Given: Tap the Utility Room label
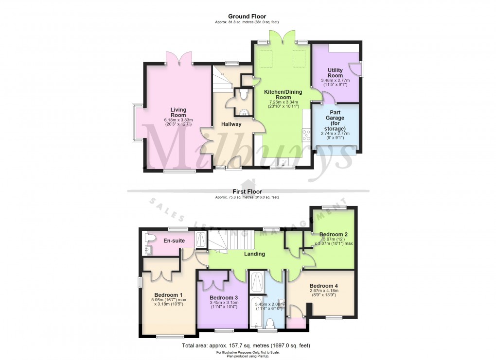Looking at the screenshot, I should [x=335, y=73].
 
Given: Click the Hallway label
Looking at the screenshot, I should [x=231, y=124].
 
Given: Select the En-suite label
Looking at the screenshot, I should [x=173, y=240].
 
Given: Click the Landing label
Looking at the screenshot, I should [x=254, y=254].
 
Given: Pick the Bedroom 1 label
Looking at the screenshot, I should [x=169, y=295].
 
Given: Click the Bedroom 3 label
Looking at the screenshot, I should [x=224, y=297].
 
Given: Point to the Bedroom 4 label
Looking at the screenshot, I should [x=323, y=285].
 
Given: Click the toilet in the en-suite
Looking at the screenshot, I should [x=150, y=238].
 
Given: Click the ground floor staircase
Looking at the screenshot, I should [x=222, y=80].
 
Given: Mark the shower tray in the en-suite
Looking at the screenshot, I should [x=200, y=239].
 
